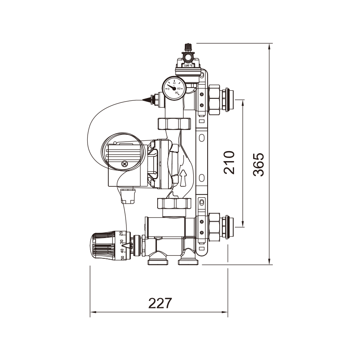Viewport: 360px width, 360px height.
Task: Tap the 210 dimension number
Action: [x=229, y=162]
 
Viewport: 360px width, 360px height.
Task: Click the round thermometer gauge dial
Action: [x=174, y=88]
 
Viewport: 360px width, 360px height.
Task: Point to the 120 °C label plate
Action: [x=188, y=65]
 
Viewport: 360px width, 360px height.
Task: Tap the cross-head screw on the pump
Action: [x=125, y=164]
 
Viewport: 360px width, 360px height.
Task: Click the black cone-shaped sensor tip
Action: [x=148, y=98]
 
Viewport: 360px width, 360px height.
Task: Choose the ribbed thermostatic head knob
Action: [x=105, y=245]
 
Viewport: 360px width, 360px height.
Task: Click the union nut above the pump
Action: [x=175, y=124]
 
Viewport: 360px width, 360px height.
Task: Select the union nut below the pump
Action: [x=175, y=204]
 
